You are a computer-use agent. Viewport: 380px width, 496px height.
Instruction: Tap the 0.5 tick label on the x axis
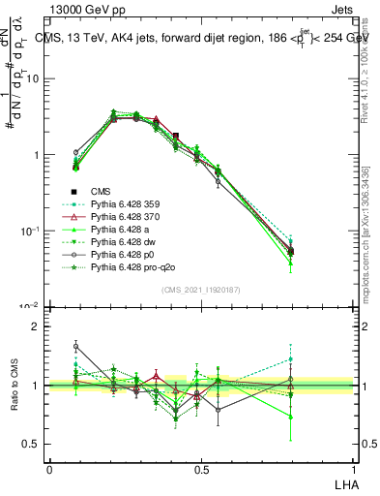[201, 469]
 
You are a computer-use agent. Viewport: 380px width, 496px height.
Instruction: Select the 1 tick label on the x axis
[353, 469]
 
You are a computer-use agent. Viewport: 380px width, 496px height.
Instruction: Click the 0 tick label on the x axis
[49, 469]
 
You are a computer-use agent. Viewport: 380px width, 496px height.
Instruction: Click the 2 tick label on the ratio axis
[37, 326]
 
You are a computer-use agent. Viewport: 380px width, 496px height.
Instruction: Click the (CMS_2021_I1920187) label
[200, 290]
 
